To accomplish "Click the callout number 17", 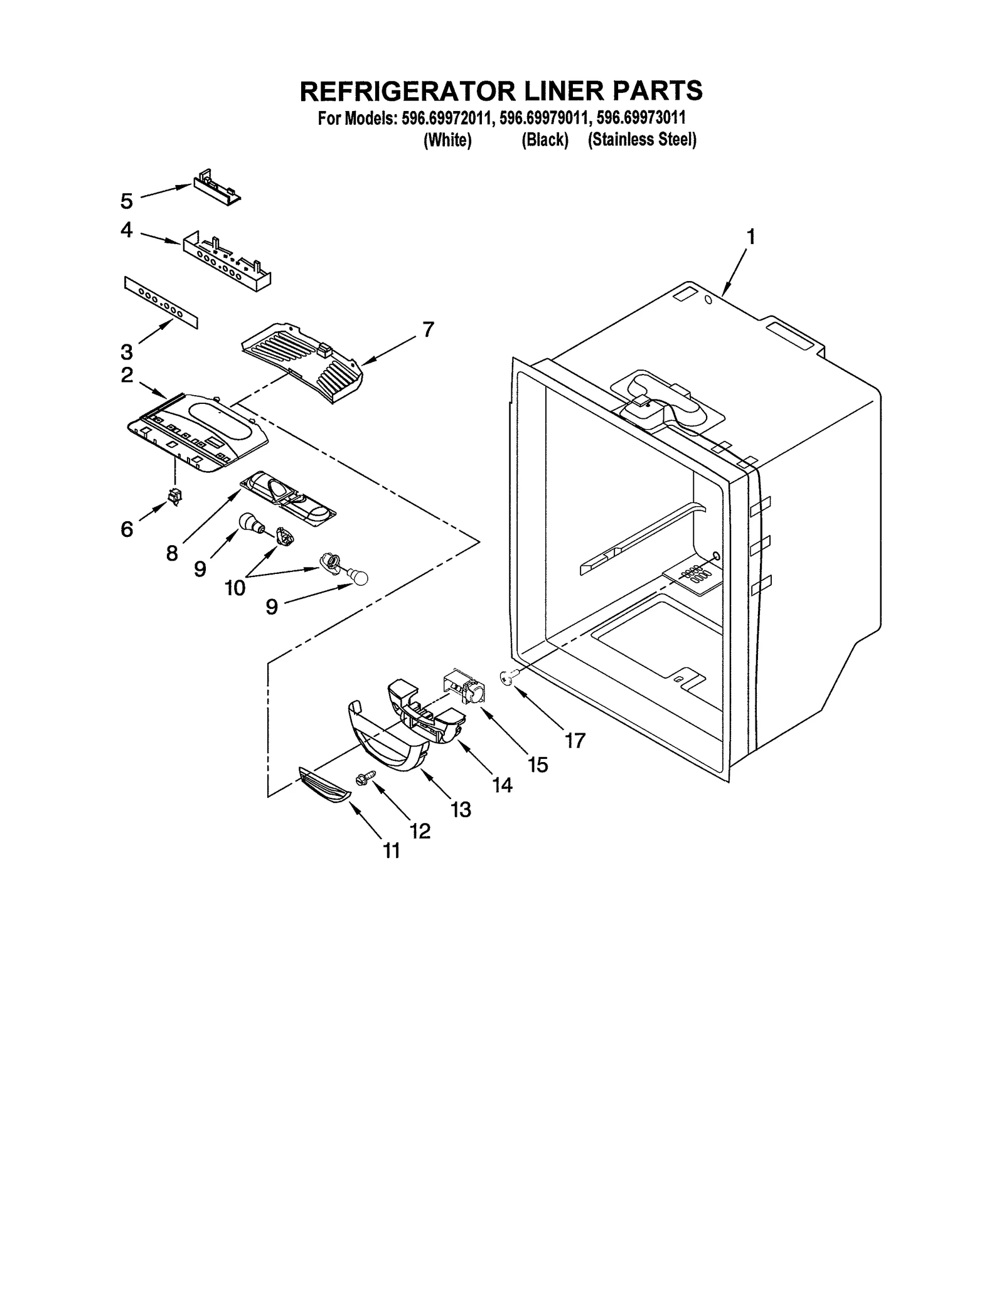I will point(575,740).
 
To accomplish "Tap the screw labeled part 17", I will point(506,676).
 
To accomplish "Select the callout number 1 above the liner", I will point(750,237).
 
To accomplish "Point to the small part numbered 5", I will point(216,186).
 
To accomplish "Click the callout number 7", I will point(428,329).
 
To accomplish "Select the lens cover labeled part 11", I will point(324,785).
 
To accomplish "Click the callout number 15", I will point(538,764).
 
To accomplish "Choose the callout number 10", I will point(235,588).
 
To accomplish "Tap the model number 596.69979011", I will point(545,117).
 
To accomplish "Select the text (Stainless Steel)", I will point(642,139).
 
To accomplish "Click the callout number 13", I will point(461,809).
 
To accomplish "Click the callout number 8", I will point(172,553).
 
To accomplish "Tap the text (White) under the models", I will point(447,139).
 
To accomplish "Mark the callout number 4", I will point(127,230).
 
